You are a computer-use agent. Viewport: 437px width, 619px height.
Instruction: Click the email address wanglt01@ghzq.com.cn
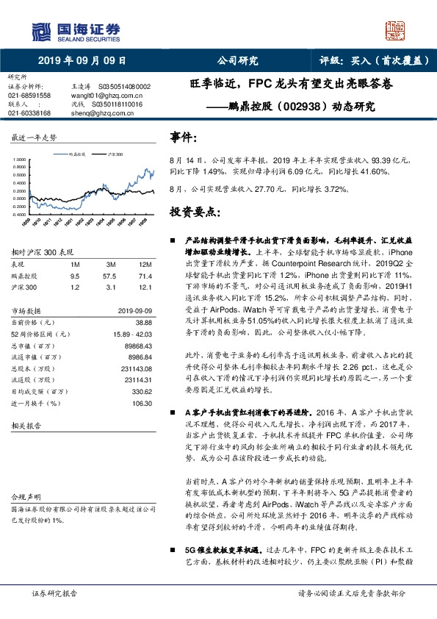click(101, 96)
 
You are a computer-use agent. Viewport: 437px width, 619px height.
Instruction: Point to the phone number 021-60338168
click(29, 113)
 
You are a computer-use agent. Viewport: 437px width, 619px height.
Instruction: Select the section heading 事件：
click(184, 137)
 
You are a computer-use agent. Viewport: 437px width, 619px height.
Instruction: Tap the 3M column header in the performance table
click(112, 263)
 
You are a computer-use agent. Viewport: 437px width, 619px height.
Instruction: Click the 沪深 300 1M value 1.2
click(74, 287)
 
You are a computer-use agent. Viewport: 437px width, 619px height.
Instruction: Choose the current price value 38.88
click(143, 323)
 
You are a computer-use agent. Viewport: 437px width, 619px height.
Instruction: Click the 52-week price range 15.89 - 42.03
click(131, 335)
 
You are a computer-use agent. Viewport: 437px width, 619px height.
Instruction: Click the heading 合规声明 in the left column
click(23, 497)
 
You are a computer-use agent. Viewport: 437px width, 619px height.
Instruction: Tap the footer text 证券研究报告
click(55, 593)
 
